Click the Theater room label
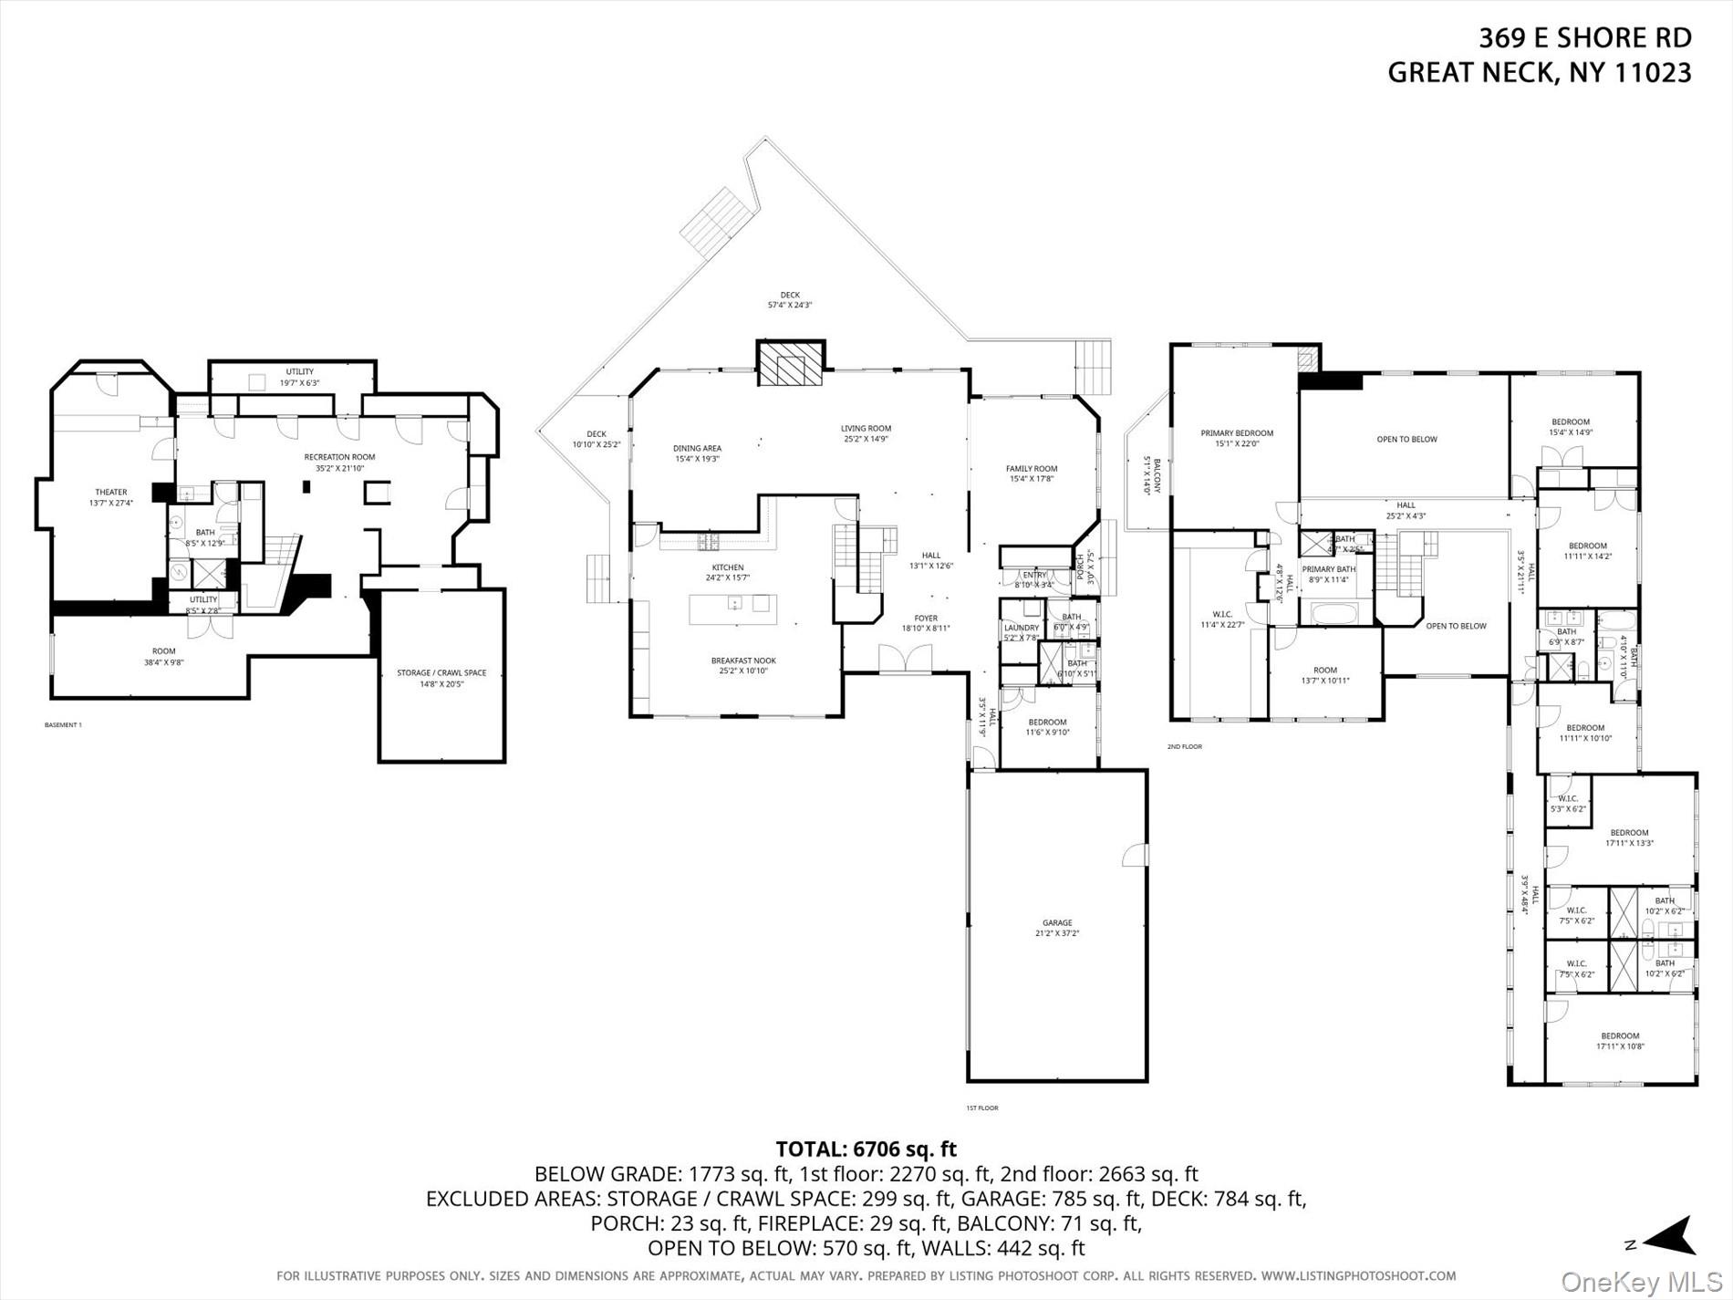(x=111, y=493)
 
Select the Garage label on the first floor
(x=1057, y=923)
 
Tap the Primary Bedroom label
(x=1237, y=433)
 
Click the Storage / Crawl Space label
(x=441, y=673)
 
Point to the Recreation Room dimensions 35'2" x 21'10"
(x=339, y=468)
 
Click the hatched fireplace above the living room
(x=791, y=363)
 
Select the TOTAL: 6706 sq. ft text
(x=866, y=1149)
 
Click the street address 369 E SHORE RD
(x=1584, y=38)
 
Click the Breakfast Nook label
(x=743, y=660)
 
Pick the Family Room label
(x=1032, y=469)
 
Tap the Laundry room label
(x=1021, y=628)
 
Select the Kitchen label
(x=728, y=567)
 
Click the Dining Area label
(x=697, y=448)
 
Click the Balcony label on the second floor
(x=1157, y=475)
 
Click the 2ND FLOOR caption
(x=1185, y=746)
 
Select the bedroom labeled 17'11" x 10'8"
(x=1620, y=1041)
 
